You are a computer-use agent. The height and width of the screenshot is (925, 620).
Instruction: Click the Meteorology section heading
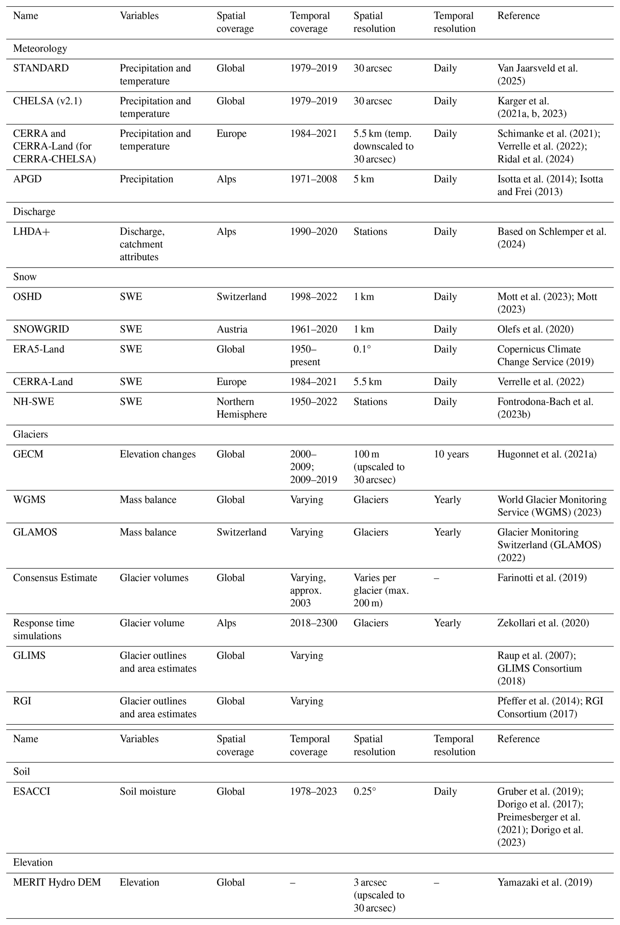[x=40, y=48]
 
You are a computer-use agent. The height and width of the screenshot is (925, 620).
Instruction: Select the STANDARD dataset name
[x=41, y=68]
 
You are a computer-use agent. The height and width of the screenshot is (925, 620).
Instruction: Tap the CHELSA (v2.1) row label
[x=48, y=101]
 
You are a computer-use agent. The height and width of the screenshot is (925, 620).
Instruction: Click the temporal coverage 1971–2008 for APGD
[x=314, y=179]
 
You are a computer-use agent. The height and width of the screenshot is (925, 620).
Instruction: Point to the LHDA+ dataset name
[x=32, y=231]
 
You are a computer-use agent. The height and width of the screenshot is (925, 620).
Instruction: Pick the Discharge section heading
[x=34, y=212]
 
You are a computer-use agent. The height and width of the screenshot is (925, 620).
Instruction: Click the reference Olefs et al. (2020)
[x=535, y=329]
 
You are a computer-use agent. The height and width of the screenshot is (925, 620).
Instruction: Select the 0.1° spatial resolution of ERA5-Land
[x=362, y=349]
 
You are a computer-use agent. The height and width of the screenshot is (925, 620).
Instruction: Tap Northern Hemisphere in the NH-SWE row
[x=242, y=408]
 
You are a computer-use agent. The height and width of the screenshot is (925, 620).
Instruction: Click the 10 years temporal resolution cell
[x=451, y=454]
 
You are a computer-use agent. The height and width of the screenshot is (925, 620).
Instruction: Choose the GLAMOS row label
[x=35, y=533]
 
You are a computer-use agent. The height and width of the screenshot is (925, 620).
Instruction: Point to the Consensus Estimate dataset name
[x=55, y=578]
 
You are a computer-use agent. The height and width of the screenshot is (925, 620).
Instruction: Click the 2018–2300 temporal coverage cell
[x=314, y=623]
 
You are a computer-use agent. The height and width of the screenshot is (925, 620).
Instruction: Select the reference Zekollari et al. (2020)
[x=543, y=623]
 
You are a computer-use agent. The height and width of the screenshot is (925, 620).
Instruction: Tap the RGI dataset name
[x=22, y=701]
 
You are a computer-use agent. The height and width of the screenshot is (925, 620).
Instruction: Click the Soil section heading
[x=21, y=772]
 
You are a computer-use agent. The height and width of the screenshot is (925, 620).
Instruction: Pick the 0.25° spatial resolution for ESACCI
[x=365, y=791]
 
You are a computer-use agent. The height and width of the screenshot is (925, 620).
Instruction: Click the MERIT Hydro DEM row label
[x=57, y=882]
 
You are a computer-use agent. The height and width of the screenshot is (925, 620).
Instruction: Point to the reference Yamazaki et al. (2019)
[x=545, y=882]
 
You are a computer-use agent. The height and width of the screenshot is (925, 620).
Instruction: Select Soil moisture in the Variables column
[x=147, y=791]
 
